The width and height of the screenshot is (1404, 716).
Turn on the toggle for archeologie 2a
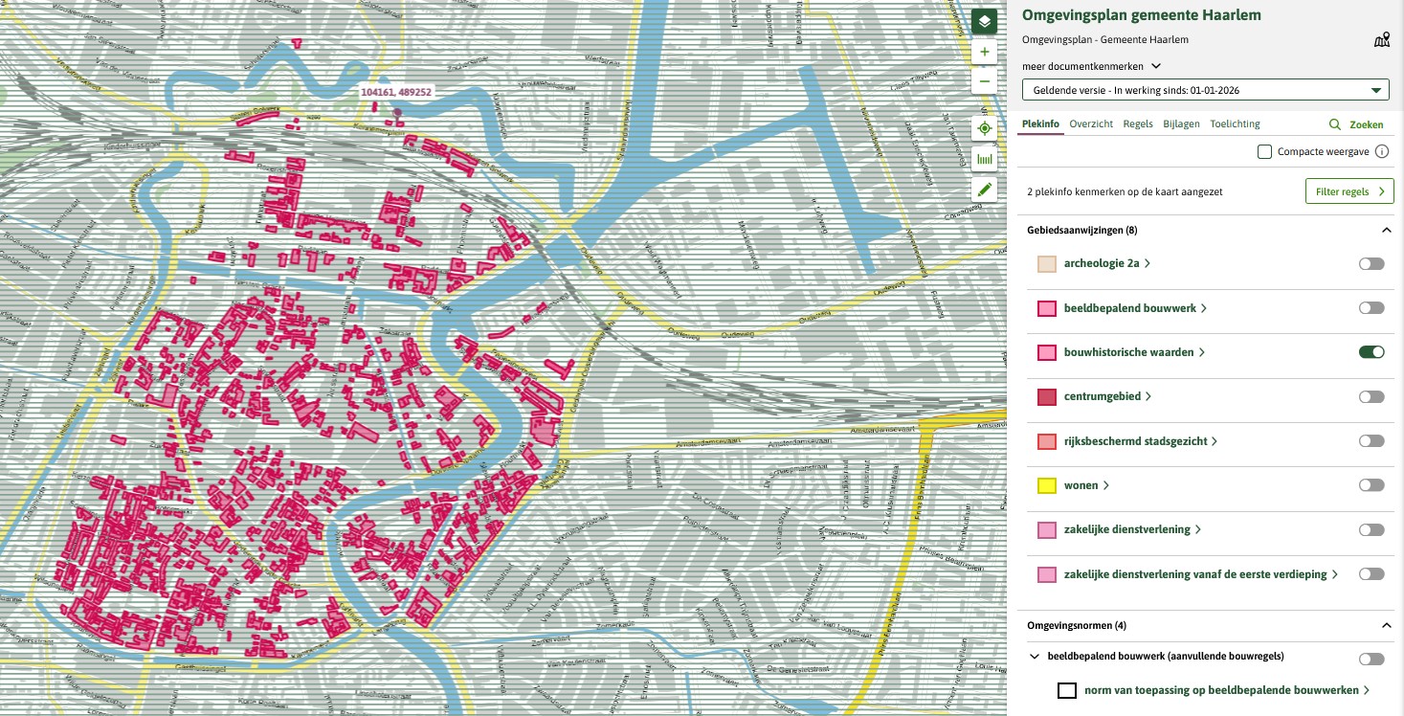tap(1371, 264)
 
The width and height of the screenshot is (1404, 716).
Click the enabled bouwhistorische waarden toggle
tap(1371, 352)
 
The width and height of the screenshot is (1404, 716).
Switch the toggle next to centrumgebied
tap(1371, 396)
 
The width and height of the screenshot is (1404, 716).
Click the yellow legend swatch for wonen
tap(1047, 485)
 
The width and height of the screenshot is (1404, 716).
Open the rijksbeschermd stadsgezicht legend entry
tap(1139, 441)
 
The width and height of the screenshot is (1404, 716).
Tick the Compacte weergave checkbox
tap(1264, 151)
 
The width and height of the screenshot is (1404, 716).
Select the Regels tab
tap(1137, 123)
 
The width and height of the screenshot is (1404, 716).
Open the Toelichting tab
tap(1235, 123)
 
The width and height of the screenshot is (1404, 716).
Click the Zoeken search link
tap(1357, 124)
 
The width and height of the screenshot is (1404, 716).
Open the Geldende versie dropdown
tap(1205, 91)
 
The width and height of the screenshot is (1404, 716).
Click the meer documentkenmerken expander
tap(1091, 66)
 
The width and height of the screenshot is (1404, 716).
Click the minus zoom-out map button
tap(984, 82)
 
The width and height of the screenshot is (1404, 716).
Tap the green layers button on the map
tap(984, 21)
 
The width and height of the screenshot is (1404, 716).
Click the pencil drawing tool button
tap(984, 189)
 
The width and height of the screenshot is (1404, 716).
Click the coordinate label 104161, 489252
tap(395, 92)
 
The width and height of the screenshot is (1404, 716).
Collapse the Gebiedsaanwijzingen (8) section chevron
tap(1386, 231)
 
